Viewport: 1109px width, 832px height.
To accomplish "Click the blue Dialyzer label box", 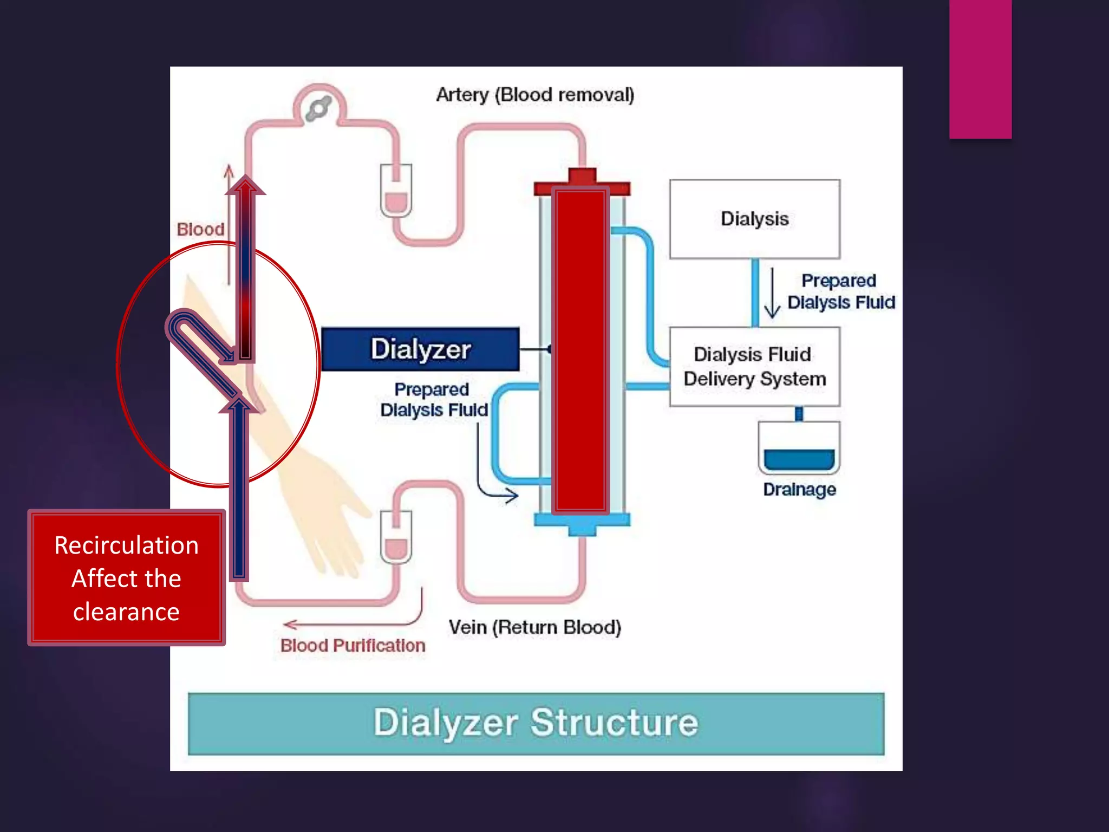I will point(420,349).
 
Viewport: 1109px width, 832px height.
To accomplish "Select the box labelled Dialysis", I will point(754,219).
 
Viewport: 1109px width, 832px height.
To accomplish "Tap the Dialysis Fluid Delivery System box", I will point(754,367).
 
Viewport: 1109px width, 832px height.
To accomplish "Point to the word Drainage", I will point(799,489).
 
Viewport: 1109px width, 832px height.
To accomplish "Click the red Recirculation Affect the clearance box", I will point(126,577).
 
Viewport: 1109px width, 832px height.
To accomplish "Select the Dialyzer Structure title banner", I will point(536,723).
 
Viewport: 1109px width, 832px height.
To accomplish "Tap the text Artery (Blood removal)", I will point(535,95).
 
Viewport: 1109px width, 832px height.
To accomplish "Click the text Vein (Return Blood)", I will point(534,627).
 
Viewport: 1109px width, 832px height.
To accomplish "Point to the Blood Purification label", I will point(353,645).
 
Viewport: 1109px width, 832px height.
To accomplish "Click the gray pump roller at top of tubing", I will point(318,108).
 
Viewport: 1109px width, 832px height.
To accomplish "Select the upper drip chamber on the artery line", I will point(396,191).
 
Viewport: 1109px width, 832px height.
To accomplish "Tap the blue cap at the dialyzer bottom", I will point(582,523).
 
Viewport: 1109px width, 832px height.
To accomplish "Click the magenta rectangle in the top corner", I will point(980,69).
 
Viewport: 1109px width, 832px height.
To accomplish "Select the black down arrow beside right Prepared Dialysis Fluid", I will point(772,292).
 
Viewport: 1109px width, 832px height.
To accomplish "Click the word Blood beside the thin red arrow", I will point(200,229).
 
